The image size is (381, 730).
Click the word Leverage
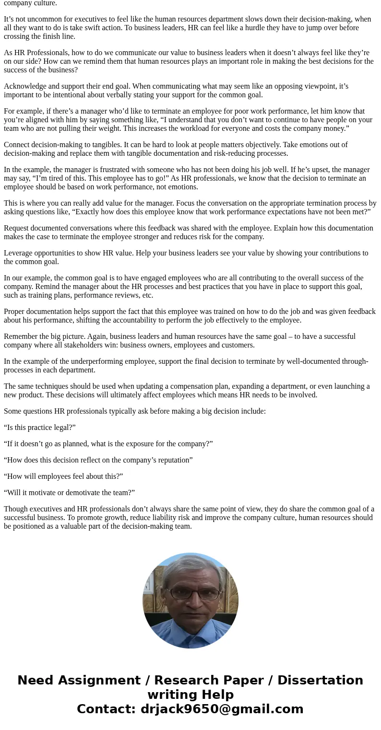tap(19, 253)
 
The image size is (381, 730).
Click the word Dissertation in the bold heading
tap(320, 681)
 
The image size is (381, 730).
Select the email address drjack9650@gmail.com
tap(222, 709)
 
